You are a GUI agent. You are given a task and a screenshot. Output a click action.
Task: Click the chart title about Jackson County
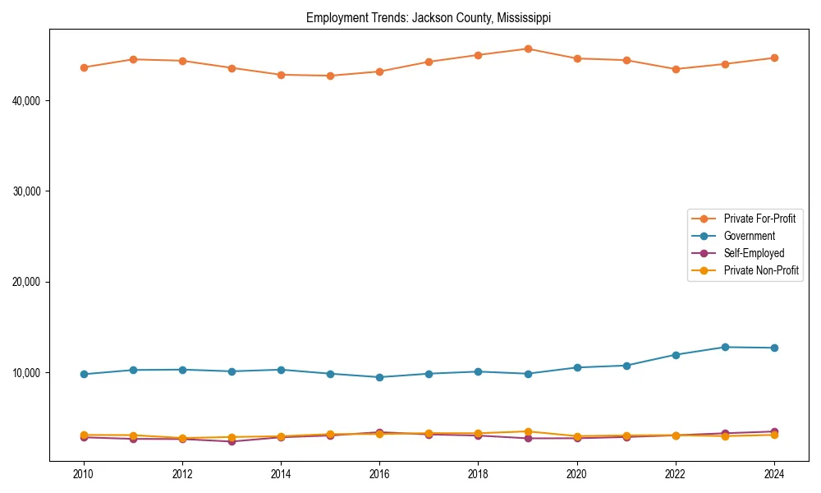(x=429, y=17)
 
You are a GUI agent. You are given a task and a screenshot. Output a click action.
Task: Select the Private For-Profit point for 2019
(x=528, y=48)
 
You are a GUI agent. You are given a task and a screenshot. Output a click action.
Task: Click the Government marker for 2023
(x=725, y=347)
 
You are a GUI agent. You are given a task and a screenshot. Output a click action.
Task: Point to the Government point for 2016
(x=379, y=377)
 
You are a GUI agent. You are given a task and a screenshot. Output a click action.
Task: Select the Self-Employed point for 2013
(x=232, y=441)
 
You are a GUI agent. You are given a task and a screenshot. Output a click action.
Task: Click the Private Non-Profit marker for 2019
(x=528, y=431)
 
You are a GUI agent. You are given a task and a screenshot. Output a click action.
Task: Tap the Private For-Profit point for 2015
(x=330, y=76)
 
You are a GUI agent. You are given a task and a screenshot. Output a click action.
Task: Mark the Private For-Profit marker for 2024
(x=774, y=58)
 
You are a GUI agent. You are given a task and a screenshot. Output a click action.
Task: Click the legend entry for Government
(x=749, y=236)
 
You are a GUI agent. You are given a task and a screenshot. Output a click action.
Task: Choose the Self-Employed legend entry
(x=754, y=253)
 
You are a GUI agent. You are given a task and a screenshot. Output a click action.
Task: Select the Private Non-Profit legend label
(x=761, y=270)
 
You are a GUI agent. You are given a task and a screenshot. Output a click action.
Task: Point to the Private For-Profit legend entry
(x=759, y=219)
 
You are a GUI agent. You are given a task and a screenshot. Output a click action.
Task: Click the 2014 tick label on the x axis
(x=281, y=474)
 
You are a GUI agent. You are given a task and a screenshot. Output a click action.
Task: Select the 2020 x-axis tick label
(x=577, y=474)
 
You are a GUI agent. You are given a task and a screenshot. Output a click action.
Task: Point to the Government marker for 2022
(x=676, y=355)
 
